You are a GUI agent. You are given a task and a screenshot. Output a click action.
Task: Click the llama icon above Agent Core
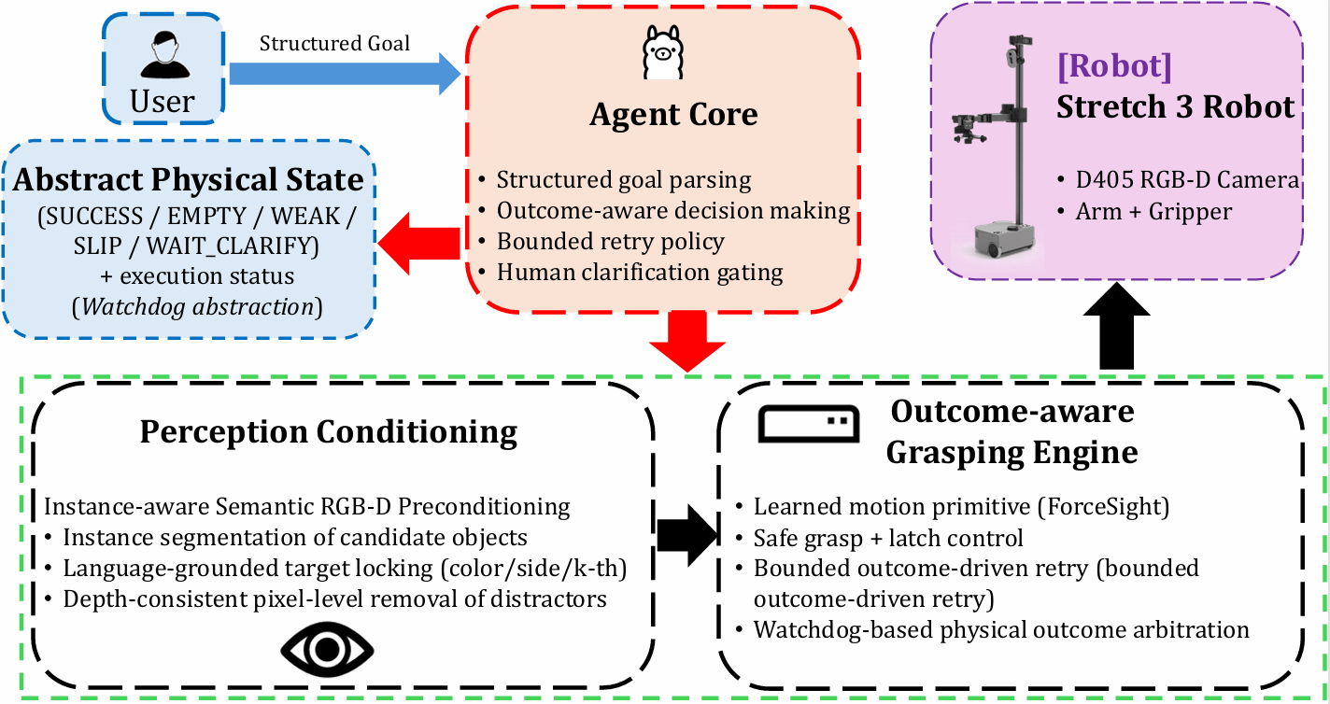[663, 53]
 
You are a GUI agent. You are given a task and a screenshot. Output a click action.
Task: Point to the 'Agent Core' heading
[673, 114]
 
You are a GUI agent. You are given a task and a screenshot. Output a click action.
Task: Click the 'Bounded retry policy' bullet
[610, 242]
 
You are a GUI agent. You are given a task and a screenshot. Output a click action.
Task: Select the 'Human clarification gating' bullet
[640, 273]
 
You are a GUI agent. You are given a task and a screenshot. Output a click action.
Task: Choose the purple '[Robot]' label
[1113, 66]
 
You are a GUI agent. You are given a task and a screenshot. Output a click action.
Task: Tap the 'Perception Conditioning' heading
[328, 432]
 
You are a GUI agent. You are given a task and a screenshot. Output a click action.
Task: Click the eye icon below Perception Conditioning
[327, 647]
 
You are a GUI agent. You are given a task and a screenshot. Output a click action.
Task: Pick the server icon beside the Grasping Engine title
[808, 424]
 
